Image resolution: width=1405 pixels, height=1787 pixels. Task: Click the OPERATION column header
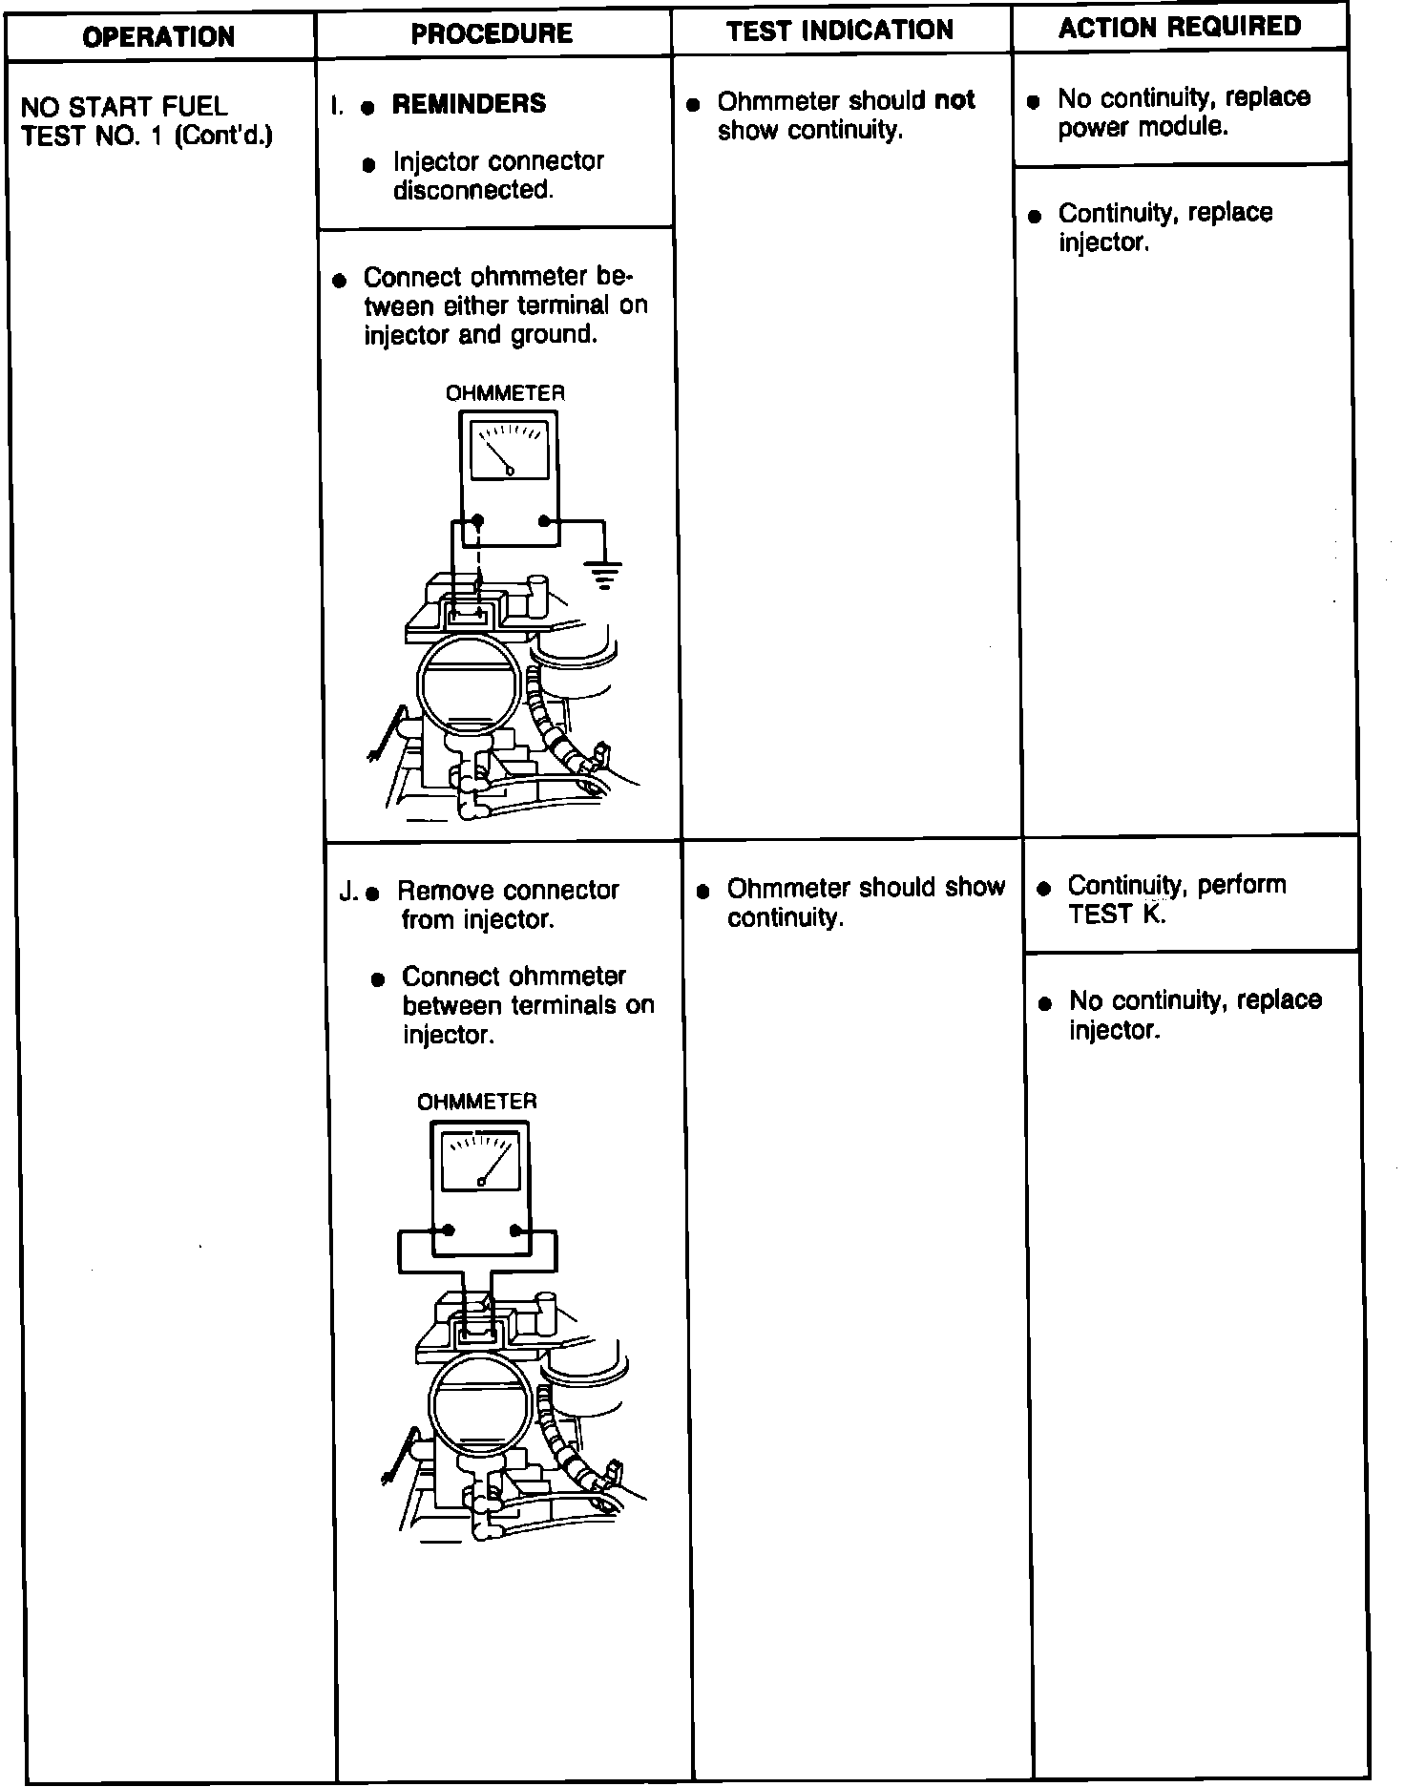click(x=158, y=37)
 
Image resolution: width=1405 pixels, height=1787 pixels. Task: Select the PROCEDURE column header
click(x=492, y=34)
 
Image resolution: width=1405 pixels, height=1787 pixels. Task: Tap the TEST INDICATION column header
click(x=840, y=31)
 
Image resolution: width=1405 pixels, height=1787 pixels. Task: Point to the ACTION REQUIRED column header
click(x=1180, y=27)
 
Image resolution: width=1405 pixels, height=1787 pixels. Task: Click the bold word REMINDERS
click(x=469, y=103)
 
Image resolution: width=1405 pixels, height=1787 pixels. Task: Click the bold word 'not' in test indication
click(x=954, y=100)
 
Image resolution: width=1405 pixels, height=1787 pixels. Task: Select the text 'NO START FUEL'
click(x=124, y=106)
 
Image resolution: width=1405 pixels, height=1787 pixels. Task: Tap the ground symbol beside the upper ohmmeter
click(x=604, y=574)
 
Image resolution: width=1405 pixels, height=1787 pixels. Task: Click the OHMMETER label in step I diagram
click(x=505, y=393)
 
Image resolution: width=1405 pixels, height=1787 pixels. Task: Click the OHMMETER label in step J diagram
click(x=477, y=1102)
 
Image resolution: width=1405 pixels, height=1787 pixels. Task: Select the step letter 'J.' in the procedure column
click(x=349, y=893)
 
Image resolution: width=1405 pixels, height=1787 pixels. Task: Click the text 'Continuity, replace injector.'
click(x=1164, y=227)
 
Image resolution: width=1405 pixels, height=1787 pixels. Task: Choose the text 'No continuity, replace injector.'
click(x=1194, y=1015)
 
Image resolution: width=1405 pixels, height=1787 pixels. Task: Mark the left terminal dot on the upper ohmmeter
click(x=478, y=520)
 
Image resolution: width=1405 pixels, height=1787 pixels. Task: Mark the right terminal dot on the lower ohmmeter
click(x=514, y=1230)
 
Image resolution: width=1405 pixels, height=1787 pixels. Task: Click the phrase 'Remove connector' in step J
click(x=508, y=891)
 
